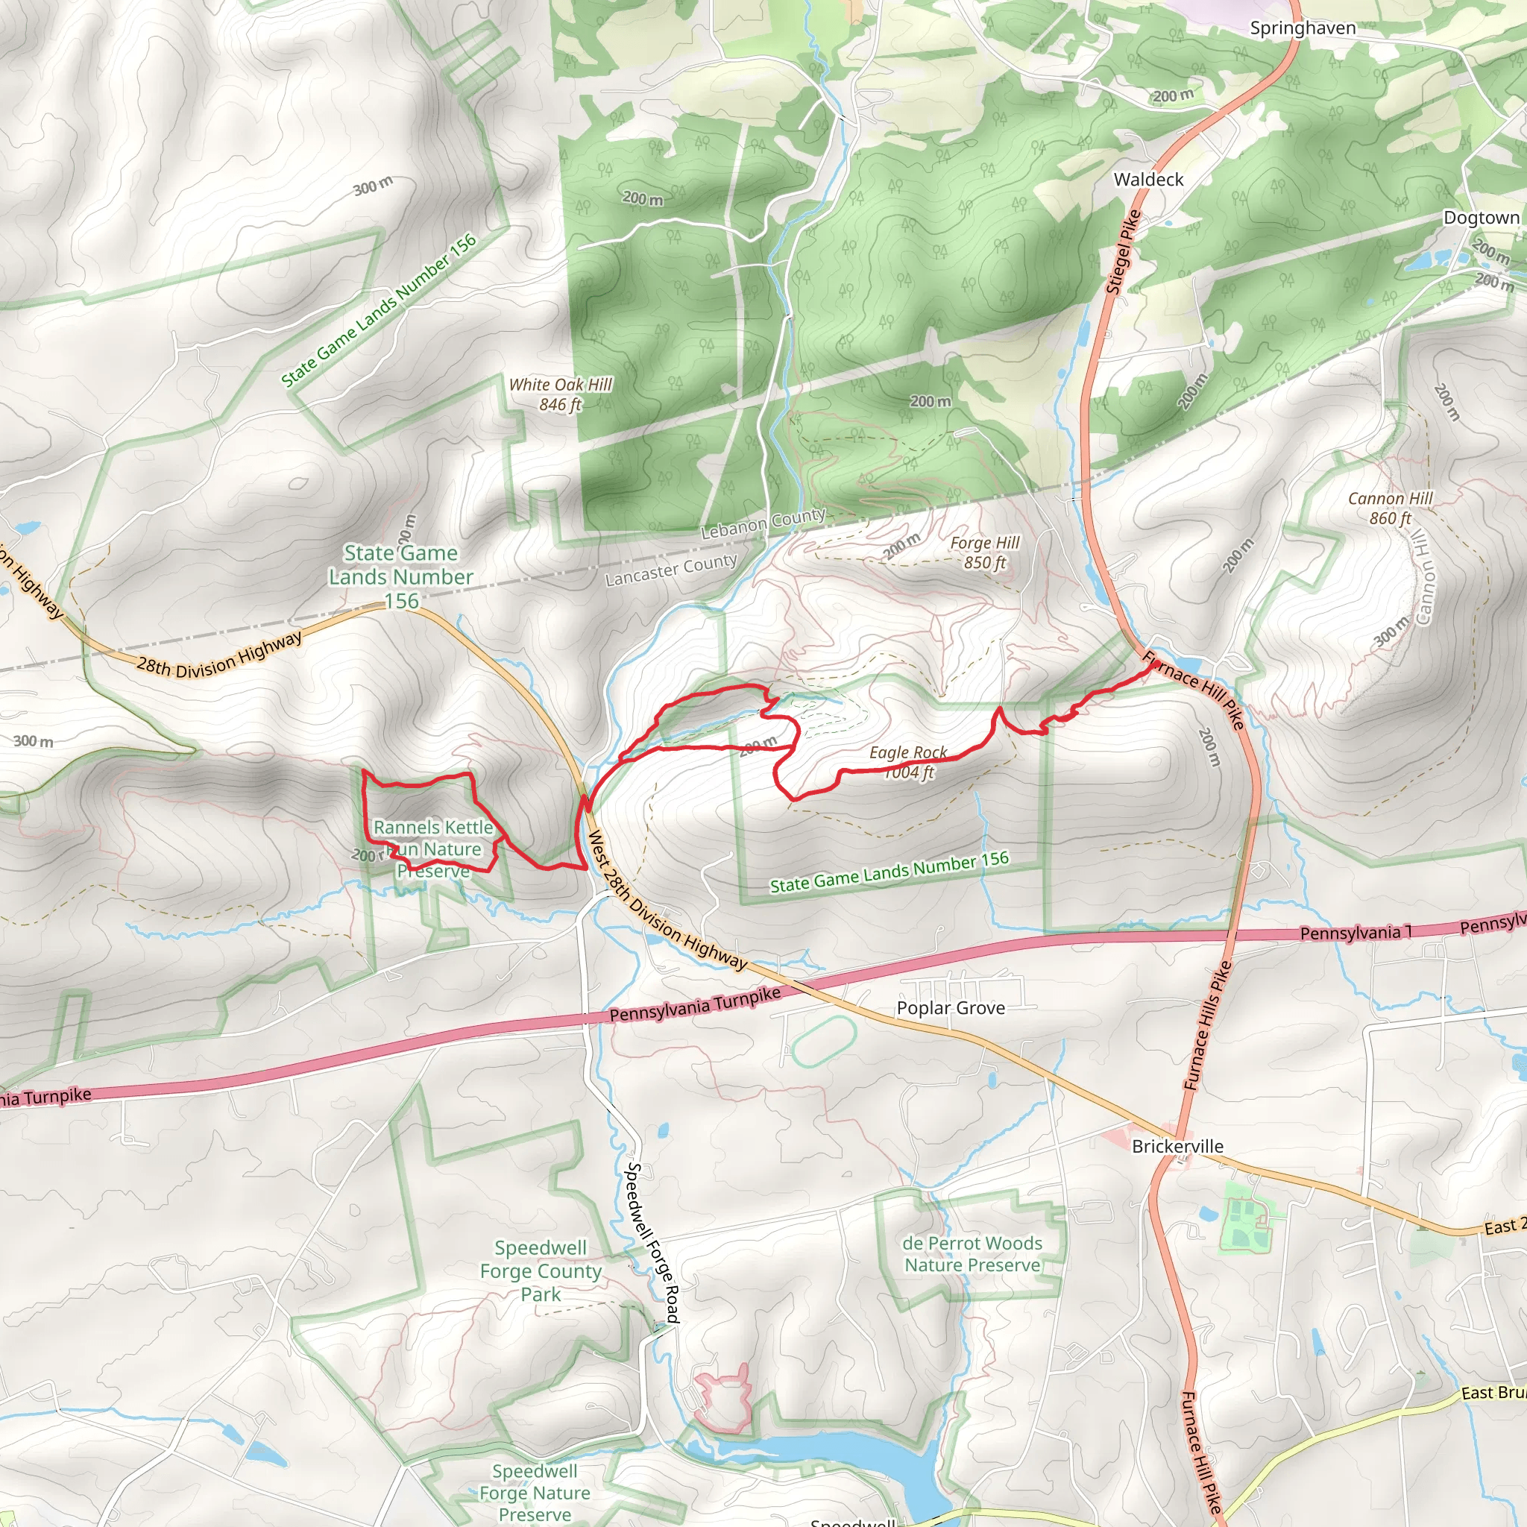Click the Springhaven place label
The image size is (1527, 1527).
pos(1302,28)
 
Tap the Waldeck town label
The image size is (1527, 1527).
pos(1147,180)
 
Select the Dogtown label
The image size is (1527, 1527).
pos(1480,218)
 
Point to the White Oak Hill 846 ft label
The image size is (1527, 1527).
pos(560,394)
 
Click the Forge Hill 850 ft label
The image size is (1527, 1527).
pos(984,552)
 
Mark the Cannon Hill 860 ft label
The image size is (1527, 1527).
pos(1390,509)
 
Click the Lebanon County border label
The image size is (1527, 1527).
pos(763,523)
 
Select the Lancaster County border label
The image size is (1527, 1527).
pos(670,570)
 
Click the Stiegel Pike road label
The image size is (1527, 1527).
pos(1122,252)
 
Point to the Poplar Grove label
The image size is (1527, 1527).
pos(950,1008)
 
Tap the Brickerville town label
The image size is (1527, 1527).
pos(1177,1146)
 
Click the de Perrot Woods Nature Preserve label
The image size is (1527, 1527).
pos(972,1253)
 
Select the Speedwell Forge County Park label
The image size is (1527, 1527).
pos(541,1271)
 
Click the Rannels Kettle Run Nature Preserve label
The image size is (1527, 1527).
pos(433,848)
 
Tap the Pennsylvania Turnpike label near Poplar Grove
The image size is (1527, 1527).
pos(694,1004)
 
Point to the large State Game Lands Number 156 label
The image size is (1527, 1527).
pos(400,576)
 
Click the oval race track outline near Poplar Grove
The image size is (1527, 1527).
pos(823,1041)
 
